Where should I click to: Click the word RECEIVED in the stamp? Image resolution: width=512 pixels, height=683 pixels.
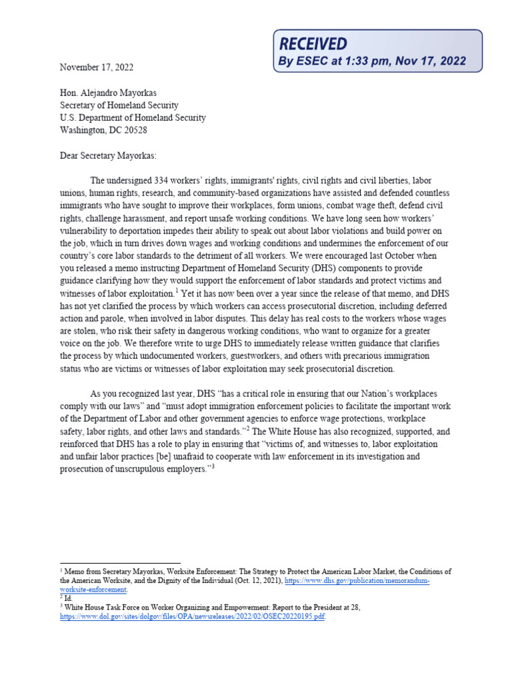tap(313, 44)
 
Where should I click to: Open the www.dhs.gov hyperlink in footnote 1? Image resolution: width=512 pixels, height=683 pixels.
tap(357, 582)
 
